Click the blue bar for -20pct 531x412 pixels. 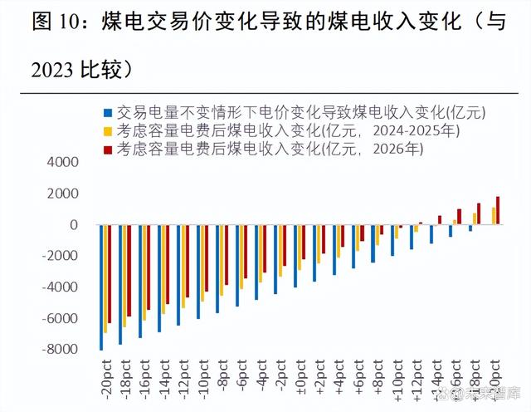point(101,287)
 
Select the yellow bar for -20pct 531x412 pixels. point(106,279)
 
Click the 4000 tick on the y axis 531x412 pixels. point(65,163)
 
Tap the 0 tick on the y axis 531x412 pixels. point(73,225)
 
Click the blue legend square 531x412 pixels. point(106,110)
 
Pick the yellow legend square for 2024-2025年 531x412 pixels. point(106,130)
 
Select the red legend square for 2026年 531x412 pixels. point(106,150)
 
